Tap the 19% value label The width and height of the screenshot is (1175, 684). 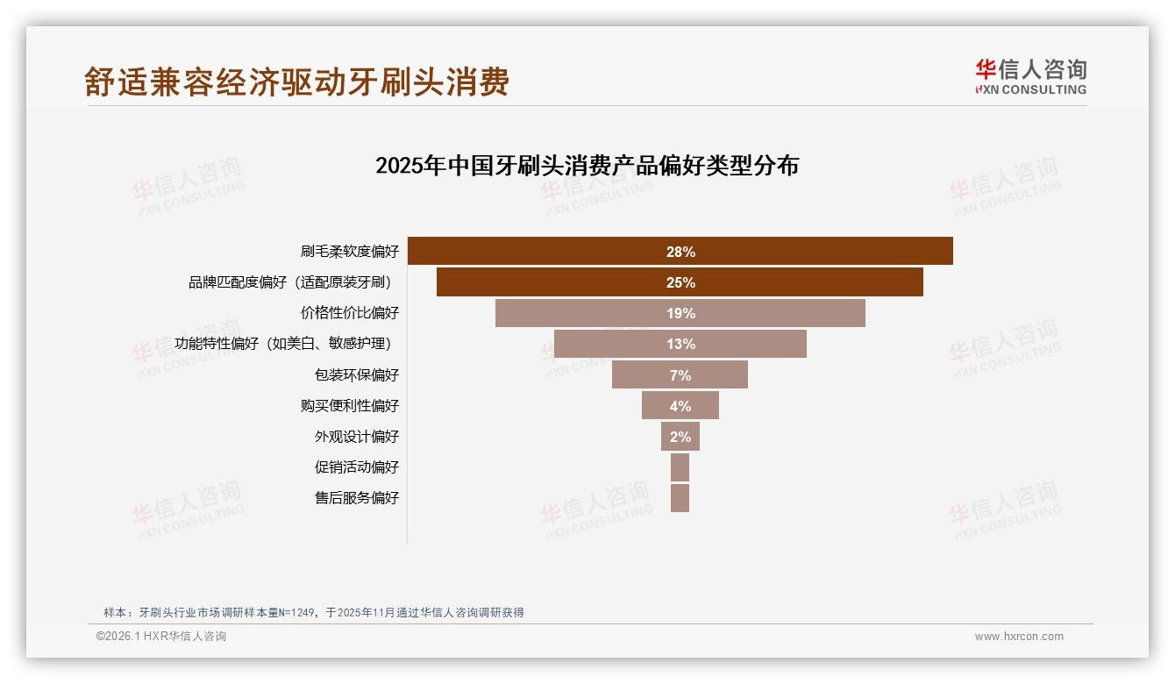(x=680, y=314)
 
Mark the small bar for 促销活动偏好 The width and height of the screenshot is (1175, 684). (x=680, y=467)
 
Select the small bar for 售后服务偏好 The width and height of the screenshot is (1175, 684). (x=680, y=498)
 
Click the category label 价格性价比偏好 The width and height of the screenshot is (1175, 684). (x=349, y=313)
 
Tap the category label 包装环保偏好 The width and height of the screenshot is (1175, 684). (x=356, y=375)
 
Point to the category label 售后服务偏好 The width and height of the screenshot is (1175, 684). (x=356, y=498)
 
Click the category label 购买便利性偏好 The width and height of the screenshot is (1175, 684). (x=349, y=406)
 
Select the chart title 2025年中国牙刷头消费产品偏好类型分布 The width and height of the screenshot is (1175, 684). (x=587, y=166)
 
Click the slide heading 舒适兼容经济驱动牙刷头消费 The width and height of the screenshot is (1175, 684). (x=296, y=82)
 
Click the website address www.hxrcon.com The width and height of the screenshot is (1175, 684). (x=1019, y=637)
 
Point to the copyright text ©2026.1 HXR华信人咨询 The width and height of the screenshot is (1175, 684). (x=161, y=637)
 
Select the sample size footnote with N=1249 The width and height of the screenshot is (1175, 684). (x=314, y=612)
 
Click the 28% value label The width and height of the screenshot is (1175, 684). (x=680, y=252)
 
